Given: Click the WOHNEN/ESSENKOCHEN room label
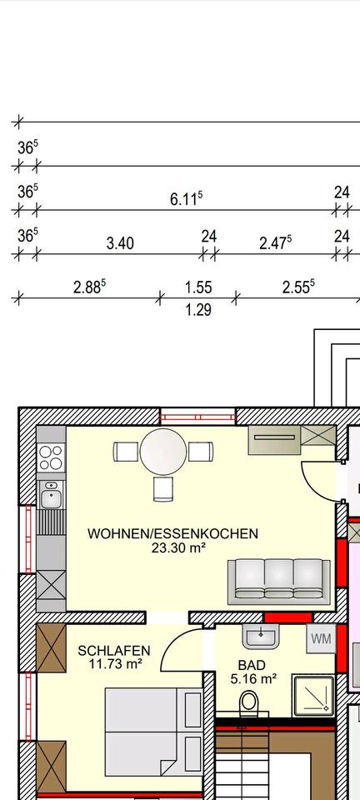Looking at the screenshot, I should click(x=172, y=533).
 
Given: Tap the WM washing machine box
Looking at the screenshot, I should click(x=321, y=639).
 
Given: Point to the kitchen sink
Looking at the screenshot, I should click(x=51, y=498).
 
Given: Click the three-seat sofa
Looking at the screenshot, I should click(x=278, y=579).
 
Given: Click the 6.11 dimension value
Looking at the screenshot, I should click(x=186, y=200).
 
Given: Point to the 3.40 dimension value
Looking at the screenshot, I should click(x=120, y=243).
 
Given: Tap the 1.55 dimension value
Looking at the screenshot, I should click(x=198, y=287).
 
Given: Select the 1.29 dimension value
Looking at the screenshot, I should click(x=198, y=310).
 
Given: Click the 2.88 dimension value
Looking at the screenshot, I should click(x=89, y=287).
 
